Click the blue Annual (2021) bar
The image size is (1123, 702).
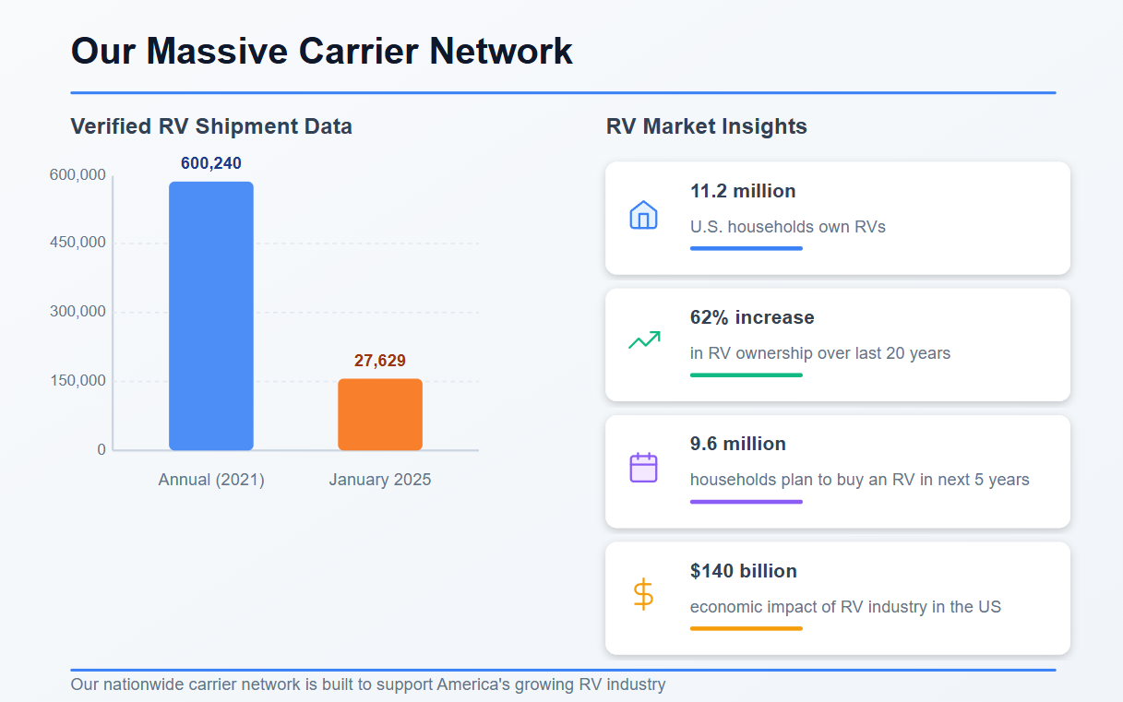(210, 315)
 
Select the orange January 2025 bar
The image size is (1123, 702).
(380, 414)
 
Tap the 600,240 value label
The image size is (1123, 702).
(211, 163)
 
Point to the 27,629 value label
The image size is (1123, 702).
(380, 361)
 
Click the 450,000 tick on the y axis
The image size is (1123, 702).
(78, 243)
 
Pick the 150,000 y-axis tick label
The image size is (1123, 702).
(78, 381)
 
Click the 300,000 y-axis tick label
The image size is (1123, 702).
(78, 312)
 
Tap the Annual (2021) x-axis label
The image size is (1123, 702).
(211, 480)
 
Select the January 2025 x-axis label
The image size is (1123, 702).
(380, 480)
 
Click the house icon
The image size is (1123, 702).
(643, 215)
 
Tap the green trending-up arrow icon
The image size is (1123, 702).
(643, 340)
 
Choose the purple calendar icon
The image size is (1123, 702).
(643, 468)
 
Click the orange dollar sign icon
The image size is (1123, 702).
(643, 594)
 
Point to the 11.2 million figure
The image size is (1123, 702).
(743, 191)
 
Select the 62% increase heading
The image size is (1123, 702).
(752, 317)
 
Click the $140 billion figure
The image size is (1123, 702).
(744, 571)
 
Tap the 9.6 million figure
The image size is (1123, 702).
(738, 444)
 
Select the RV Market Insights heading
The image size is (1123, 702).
(707, 126)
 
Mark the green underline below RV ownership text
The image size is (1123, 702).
(747, 375)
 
